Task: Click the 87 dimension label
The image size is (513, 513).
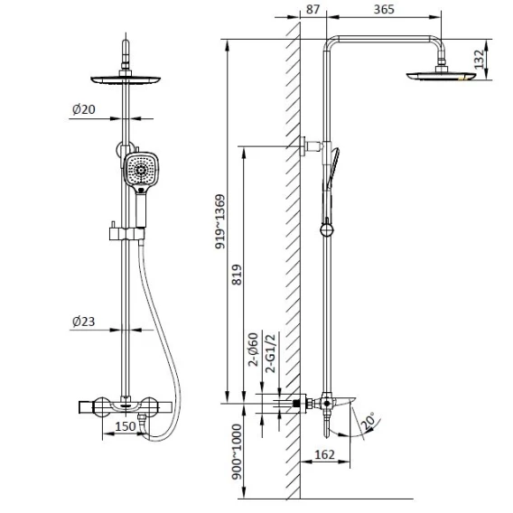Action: coord(312,9)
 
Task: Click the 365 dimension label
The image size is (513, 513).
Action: coord(384,9)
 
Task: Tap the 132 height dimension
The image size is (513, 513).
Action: coord(479,60)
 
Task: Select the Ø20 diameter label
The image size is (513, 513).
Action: coord(84,109)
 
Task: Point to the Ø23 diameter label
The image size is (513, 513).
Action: coord(84,322)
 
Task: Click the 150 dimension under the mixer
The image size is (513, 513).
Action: coord(126,426)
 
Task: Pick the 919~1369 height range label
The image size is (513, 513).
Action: coord(220,221)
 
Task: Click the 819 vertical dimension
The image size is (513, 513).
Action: coord(237,275)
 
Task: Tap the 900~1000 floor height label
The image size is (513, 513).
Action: coord(237,452)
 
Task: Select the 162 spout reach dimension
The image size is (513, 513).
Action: coord(324,454)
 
